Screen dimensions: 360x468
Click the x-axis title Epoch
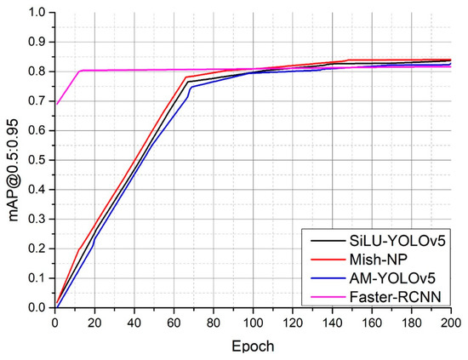click(x=253, y=347)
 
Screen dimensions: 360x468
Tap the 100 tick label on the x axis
click(x=253, y=323)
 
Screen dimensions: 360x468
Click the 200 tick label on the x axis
click(x=450, y=323)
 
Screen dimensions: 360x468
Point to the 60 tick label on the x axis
click(x=174, y=323)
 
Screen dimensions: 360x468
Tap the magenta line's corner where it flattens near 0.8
click(x=80, y=71)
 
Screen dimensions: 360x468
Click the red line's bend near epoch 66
click(x=185, y=77)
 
